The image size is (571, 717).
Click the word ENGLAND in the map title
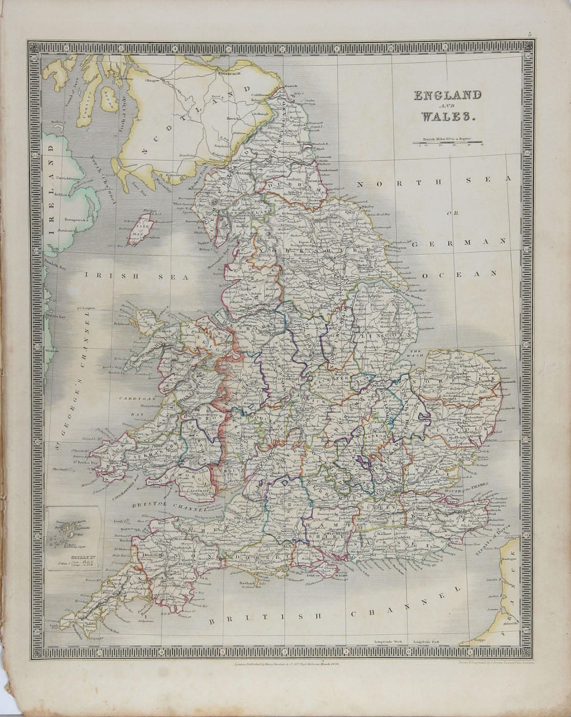(447, 96)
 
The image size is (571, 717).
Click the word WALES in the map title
(447, 117)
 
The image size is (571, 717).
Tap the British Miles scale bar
(447, 143)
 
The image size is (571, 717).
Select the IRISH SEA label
(136, 276)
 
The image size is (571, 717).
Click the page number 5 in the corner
(529, 35)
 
